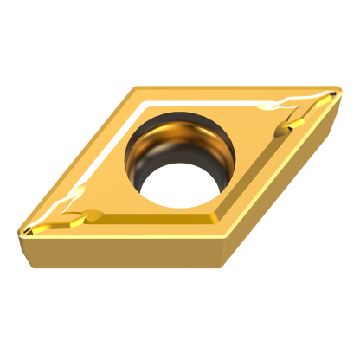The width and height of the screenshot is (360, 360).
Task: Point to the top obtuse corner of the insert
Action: tap(138, 83)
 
